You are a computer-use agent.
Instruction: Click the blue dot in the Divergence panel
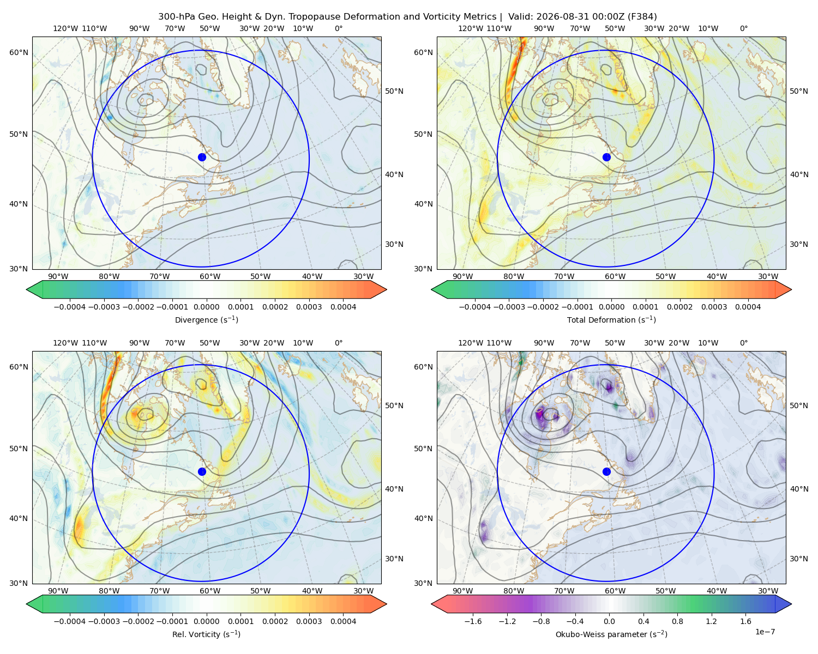(202, 158)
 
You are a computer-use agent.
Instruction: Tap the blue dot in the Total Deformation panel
(606, 158)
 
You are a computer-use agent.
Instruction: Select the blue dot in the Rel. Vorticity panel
(202, 471)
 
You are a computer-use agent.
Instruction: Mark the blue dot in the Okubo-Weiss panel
(606, 471)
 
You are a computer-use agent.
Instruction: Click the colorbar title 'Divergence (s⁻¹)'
(206, 320)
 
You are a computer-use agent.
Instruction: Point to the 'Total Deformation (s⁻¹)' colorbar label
(611, 320)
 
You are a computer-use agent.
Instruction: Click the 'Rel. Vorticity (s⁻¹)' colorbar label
(206, 634)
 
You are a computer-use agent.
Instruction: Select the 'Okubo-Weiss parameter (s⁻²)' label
(611, 634)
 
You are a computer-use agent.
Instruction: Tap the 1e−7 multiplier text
(765, 632)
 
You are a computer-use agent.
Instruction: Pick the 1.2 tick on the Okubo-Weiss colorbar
(711, 621)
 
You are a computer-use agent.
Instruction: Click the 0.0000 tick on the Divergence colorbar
(206, 307)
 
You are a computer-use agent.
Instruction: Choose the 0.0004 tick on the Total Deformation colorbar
(748, 307)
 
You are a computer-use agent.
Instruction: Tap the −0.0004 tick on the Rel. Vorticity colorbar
(70, 621)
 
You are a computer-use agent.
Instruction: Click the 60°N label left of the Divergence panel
(19, 52)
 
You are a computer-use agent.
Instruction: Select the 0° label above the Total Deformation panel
(743, 28)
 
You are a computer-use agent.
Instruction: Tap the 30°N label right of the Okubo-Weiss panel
(799, 559)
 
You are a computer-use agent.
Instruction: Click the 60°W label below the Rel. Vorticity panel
(210, 591)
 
